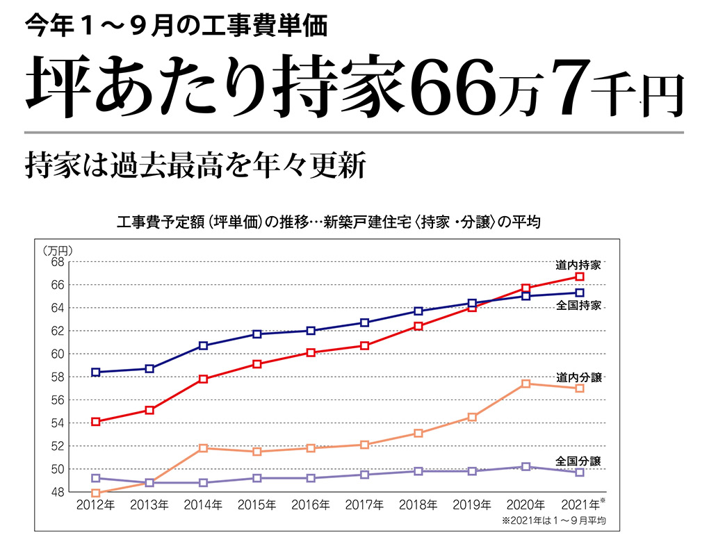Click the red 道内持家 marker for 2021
click(580, 277)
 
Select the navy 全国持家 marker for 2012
click(96, 372)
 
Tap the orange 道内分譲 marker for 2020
click(525, 384)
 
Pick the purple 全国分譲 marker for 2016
click(311, 478)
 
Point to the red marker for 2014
click(203, 379)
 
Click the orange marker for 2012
click(96, 493)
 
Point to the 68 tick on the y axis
click(57, 262)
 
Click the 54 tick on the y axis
click(57, 423)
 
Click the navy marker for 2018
click(418, 311)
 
